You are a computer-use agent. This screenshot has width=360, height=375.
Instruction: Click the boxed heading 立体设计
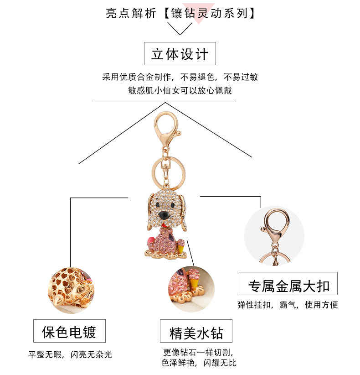tap(180, 54)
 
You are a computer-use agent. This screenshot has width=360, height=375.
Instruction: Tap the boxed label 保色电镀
tap(69, 331)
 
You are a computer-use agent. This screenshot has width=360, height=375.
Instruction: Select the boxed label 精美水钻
tap(196, 332)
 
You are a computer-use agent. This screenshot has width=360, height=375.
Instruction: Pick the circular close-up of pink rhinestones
tap(191, 289)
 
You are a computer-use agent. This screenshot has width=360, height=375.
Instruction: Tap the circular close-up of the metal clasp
tap(274, 235)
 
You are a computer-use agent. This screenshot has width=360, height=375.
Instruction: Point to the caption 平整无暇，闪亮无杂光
tap(70, 354)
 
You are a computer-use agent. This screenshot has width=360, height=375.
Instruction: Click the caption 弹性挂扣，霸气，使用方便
tap(288, 305)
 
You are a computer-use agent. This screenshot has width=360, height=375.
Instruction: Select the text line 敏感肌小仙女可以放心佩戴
tap(180, 90)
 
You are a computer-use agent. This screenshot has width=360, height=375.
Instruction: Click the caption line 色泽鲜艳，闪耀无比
tap(199, 363)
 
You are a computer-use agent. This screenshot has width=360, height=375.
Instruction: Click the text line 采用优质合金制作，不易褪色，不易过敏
tap(180, 77)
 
